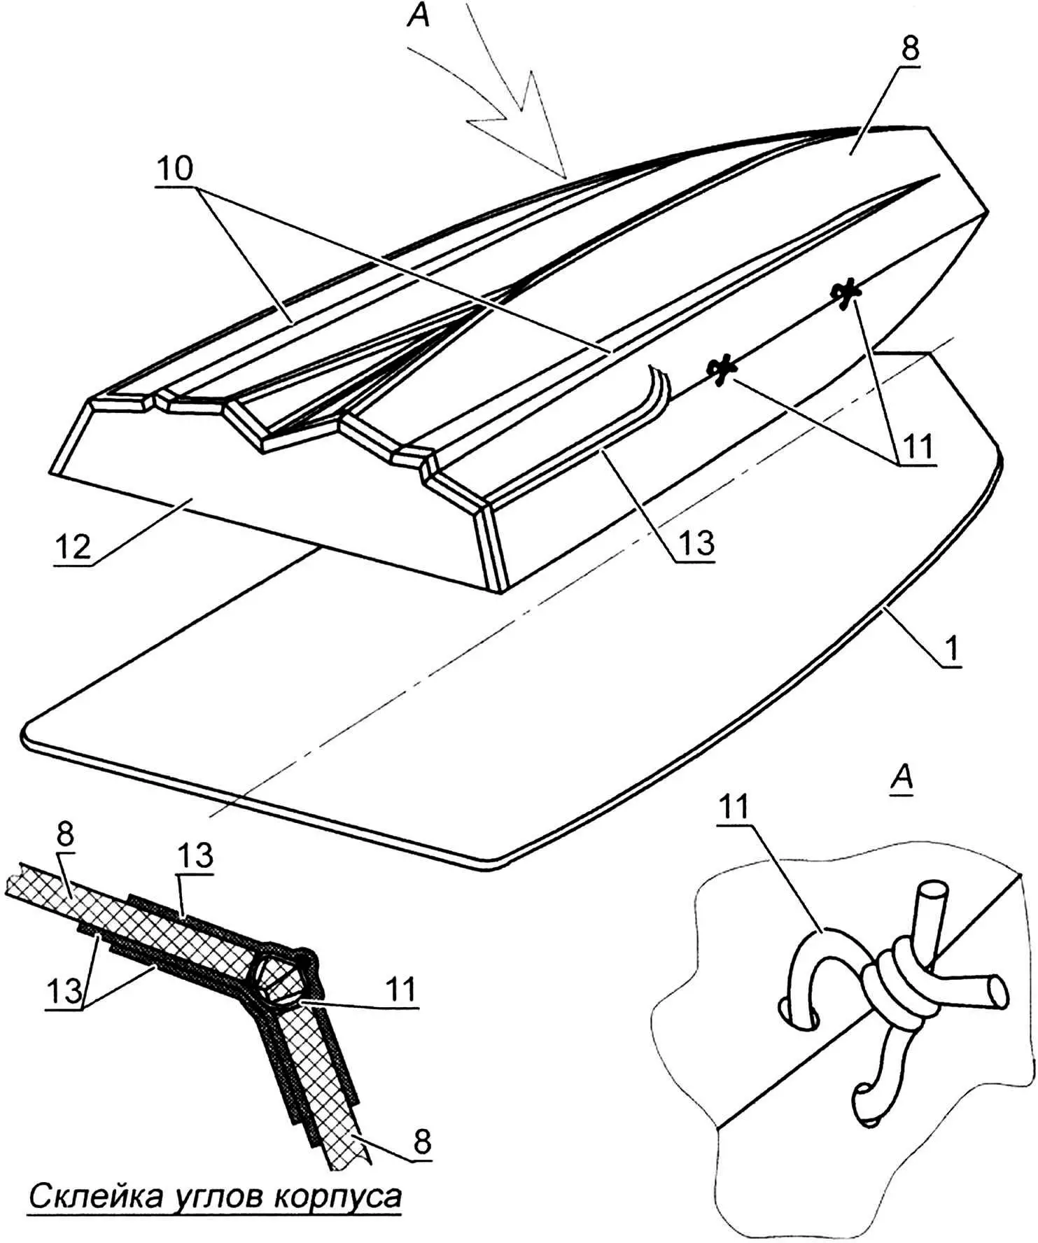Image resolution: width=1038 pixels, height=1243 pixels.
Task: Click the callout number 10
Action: [x=174, y=169]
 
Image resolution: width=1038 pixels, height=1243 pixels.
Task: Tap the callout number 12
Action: [x=73, y=546]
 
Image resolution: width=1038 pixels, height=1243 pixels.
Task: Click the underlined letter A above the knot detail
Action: [x=903, y=778]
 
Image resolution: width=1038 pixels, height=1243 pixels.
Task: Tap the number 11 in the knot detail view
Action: [x=733, y=807]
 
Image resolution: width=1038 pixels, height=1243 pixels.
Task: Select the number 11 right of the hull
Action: [x=917, y=447]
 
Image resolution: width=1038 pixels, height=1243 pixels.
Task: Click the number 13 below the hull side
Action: [x=696, y=542]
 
